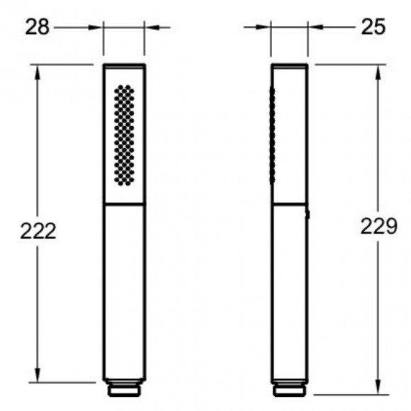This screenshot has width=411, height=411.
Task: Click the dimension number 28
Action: [38, 27]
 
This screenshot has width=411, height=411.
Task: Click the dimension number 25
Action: [373, 27]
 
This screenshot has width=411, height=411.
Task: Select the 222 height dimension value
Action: [38, 231]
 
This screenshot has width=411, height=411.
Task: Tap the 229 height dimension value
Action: [379, 226]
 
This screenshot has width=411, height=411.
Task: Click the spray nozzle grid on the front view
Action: [124, 135]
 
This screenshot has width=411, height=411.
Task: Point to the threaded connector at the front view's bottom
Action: [124, 388]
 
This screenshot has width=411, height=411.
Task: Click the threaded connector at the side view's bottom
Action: [289, 388]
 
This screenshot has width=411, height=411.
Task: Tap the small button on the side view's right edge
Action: [308, 215]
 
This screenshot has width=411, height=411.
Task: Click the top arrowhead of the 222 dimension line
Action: [38, 72]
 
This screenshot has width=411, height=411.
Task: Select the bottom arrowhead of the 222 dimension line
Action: [38, 375]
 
